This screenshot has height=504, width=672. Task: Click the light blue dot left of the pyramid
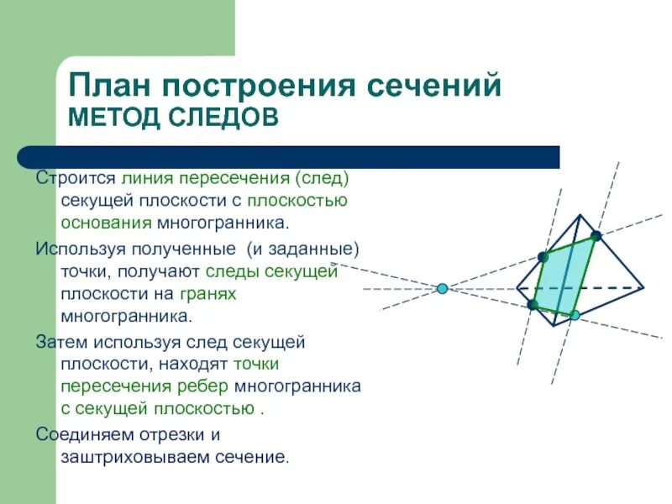pyautogui.click(x=442, y=289)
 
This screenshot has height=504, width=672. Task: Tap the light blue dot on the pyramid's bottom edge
pyautogui.click(x=575, y=315)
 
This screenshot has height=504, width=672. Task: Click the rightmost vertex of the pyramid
pyautogui.click(x=643, y=287)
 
